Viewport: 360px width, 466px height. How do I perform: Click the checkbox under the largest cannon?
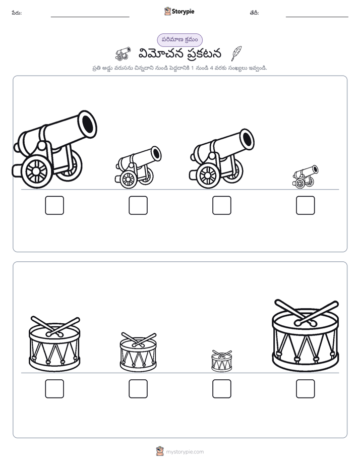coord(54,205)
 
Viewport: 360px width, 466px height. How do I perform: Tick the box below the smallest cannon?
coord(305,205)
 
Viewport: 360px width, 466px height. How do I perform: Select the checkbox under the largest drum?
coord(305,388)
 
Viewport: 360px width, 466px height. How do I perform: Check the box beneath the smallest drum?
coord(221,388)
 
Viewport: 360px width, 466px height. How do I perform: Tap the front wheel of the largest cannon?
coord(36,171)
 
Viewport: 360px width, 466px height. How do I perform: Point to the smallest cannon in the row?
coord(305,177)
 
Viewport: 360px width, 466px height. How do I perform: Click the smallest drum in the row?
coord(221,361)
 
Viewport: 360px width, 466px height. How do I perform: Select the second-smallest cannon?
coord(138,167)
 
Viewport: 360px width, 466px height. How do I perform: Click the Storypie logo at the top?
coord(179,11)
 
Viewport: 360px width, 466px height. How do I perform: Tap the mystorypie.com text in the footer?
coord(185,452)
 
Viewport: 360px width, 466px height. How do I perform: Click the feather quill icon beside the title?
coord(236,53)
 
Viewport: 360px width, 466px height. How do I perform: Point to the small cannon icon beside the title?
coord(123,53)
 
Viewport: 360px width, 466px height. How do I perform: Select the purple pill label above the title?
coord(179,40)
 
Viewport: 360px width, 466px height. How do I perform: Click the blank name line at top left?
coord(90,17)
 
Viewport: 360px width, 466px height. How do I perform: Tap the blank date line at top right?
coord(317,17)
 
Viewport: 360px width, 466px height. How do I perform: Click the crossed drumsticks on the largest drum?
coord(307,313)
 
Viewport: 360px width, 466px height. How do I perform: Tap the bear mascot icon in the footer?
coord(160,451)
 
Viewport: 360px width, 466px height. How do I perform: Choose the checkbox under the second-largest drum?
coord(54,388)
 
